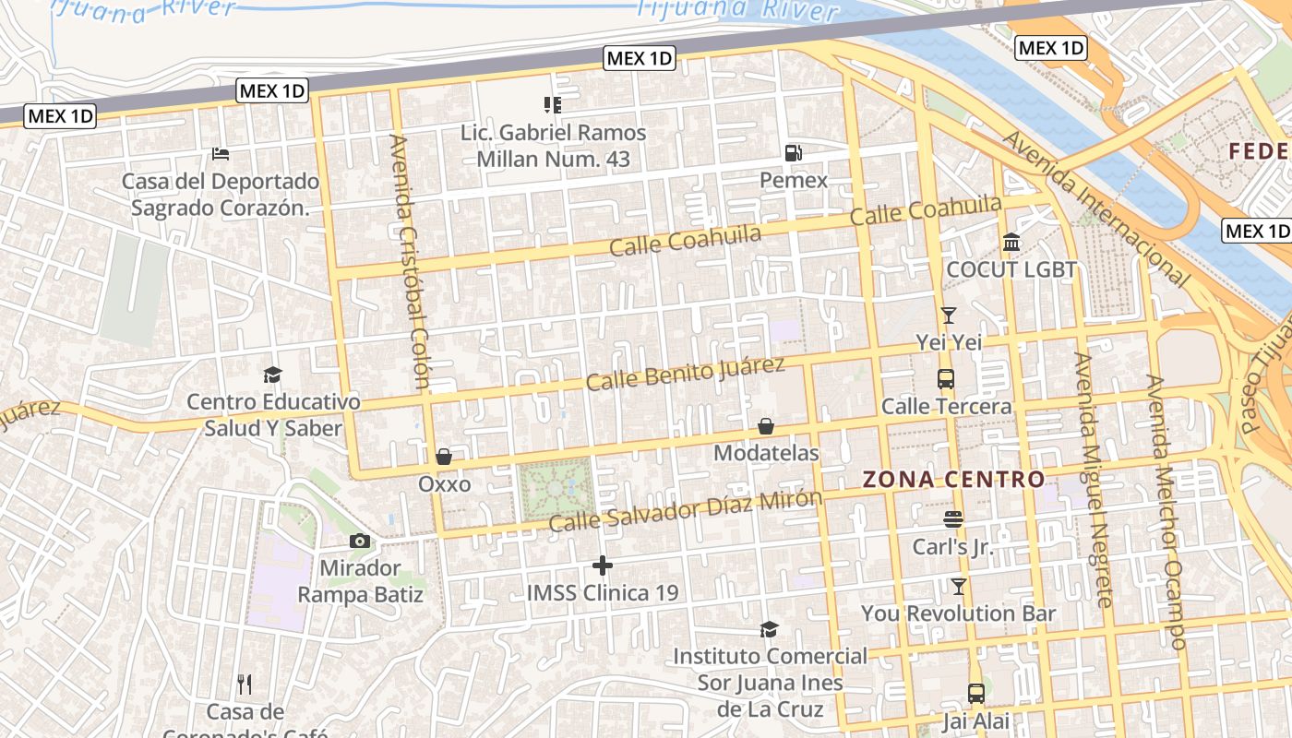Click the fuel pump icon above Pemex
[793, 153]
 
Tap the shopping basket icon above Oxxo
[444, 457]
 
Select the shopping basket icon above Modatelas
[766, 426]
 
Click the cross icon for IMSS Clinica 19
[603, 565]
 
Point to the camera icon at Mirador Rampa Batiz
[360, 542]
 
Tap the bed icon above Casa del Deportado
[220, 154]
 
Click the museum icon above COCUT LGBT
[1011, 243]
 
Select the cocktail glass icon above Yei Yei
[948, 315]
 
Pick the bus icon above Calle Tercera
[946, 379]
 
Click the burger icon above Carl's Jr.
[953, 519]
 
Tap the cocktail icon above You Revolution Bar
[959, 586]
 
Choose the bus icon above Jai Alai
[975, 694]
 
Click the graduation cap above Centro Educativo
[272, 375]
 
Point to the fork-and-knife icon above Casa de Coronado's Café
[245, 684]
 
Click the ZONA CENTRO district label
[953, 480]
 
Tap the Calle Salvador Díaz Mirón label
[685, 510]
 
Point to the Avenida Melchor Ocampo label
[1165, 512]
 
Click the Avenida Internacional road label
[1095, 208]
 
